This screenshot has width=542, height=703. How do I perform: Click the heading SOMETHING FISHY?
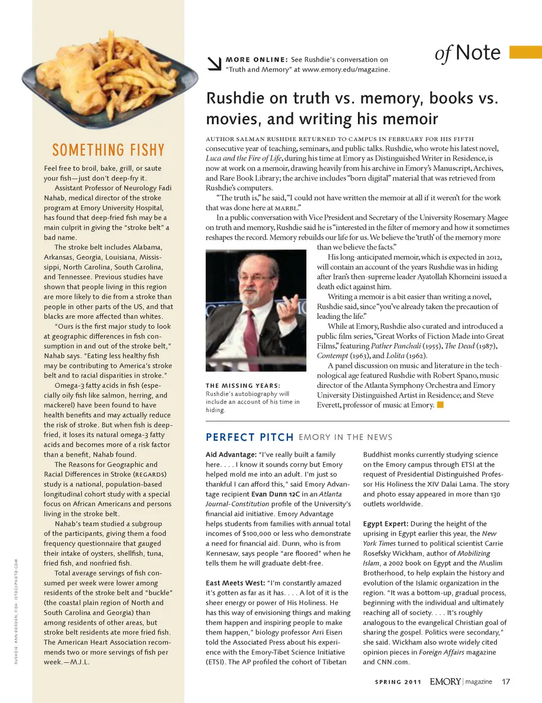(x=108, y=150)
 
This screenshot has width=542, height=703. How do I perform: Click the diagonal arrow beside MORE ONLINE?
(x=214, y=64)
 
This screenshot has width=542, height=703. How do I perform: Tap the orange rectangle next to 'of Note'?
(x=525, y=52)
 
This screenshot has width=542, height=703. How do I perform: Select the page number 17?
(x=506, y=682)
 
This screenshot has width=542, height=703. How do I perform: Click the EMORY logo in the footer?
(x=445, y=682)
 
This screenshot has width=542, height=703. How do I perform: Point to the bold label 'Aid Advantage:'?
(x=231, y=454)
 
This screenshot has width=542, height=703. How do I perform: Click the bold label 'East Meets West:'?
(x=235, y=583)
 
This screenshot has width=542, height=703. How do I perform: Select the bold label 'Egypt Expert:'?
(x=386, y=524)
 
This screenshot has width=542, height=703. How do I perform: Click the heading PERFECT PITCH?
(x=250, y=437)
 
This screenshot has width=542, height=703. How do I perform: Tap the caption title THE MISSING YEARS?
(x=243, y=386)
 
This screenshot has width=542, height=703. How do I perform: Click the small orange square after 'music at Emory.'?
(x=440, y=405)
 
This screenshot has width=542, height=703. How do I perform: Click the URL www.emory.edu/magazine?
(x=346, y=69)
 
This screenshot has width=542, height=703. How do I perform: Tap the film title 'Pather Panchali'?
(x=396, y=346)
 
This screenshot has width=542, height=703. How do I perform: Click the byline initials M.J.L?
(x=80, y=662)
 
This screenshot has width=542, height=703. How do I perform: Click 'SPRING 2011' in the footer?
(x=398, y=682)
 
